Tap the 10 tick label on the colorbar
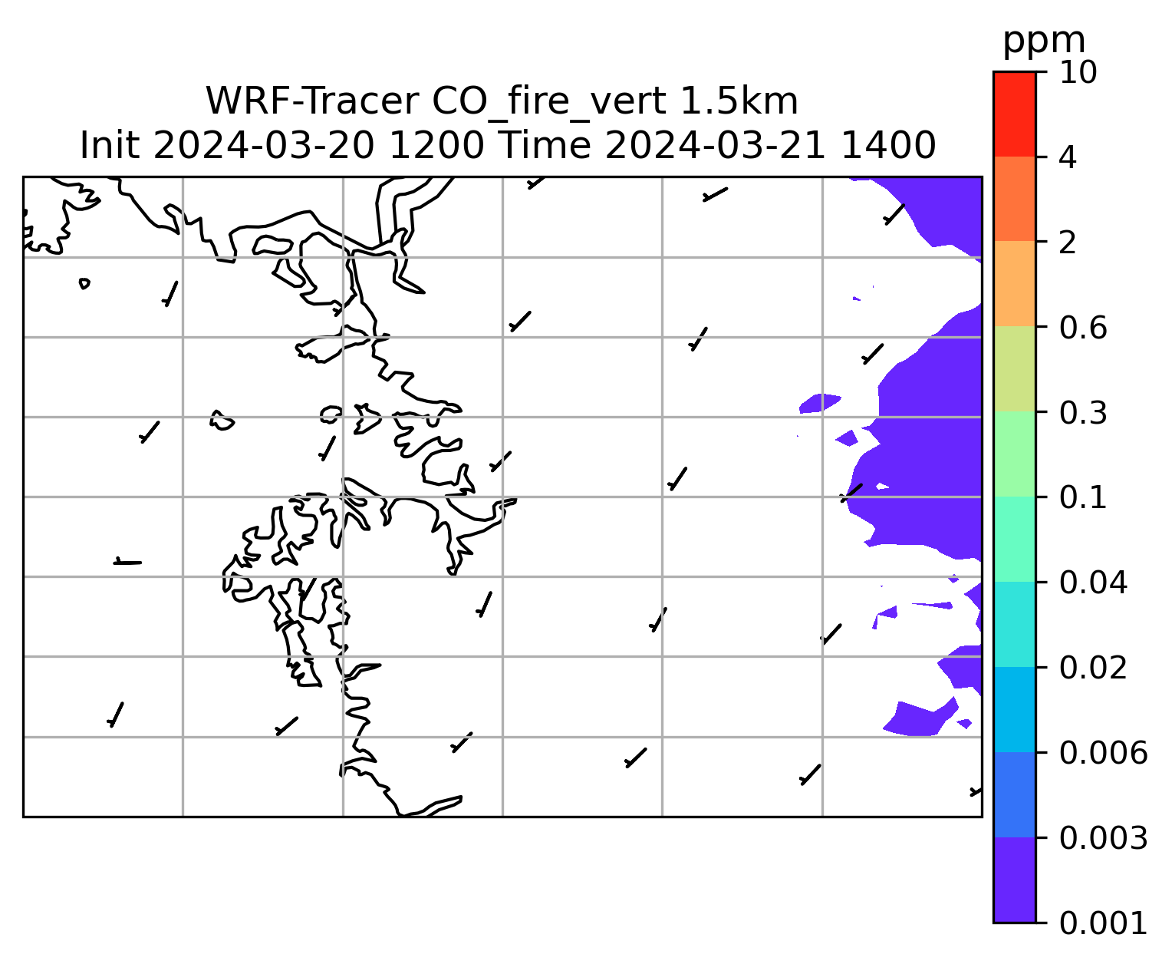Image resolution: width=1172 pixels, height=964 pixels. coord(1078,72)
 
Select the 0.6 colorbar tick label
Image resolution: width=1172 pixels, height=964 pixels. coord(1082,328)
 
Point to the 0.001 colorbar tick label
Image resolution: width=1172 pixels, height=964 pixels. coord(1102,923)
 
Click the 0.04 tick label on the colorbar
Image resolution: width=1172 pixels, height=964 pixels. coord(1092,583)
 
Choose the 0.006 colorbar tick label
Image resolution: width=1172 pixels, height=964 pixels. coord(1102,753)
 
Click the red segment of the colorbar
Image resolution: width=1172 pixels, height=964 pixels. coord(1014,114)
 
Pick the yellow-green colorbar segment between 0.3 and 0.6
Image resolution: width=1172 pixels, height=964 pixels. coord(1014,368)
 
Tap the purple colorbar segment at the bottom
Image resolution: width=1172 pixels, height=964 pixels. coord(1014,880)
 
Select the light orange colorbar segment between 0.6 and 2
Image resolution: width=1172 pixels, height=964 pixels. coord(1014,283)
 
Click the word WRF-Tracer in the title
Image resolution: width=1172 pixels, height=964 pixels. coord(311,101)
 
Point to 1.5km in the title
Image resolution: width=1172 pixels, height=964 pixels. coord(739,101)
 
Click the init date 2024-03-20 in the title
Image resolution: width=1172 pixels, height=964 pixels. coord(263,146)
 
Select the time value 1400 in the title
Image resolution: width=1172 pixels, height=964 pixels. coord(888,146)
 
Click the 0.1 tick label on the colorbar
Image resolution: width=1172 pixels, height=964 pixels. coord(1082,497)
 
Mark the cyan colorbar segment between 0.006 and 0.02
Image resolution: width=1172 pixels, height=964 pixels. coord(1014,709)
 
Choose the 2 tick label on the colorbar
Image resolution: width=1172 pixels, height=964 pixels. coord(1068,243)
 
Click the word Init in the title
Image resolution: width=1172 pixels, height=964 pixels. coord(110,146)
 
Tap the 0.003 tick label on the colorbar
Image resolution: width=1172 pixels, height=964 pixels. coord(1102,838)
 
